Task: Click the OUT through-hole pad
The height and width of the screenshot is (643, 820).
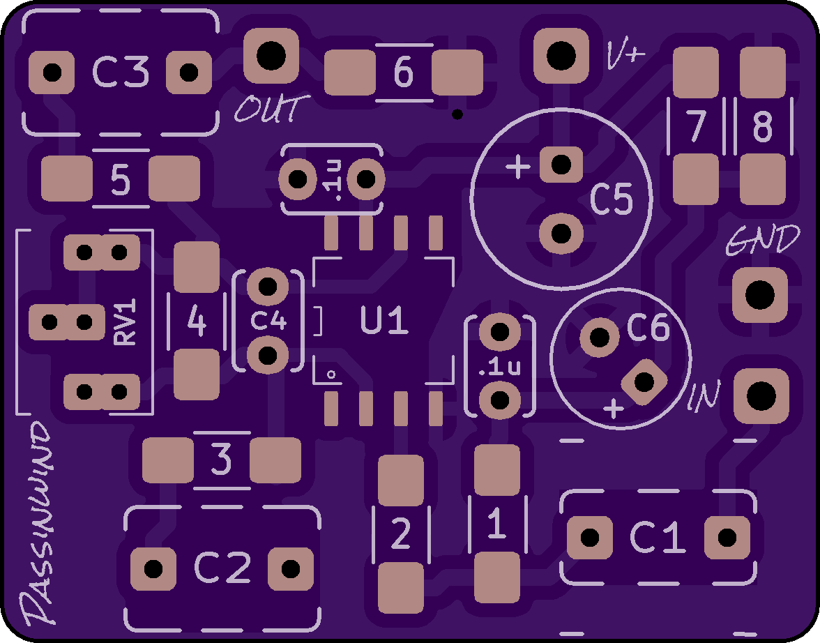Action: coord(271,54)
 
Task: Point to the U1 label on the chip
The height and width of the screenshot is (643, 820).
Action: coord(384,321)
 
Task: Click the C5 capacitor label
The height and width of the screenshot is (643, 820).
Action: coord(612,200)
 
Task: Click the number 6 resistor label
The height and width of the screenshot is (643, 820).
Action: coord(404,73)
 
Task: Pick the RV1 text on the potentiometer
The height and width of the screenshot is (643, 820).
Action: coord(126,322)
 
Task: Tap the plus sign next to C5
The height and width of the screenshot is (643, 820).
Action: coord(518,167)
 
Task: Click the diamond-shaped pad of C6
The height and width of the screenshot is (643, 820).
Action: coord(644,382)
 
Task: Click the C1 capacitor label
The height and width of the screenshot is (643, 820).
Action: coord(658,538)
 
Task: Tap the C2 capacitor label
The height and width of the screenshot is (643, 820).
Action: coord(222,568)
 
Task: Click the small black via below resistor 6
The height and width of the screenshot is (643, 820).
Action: coord(457,114)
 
